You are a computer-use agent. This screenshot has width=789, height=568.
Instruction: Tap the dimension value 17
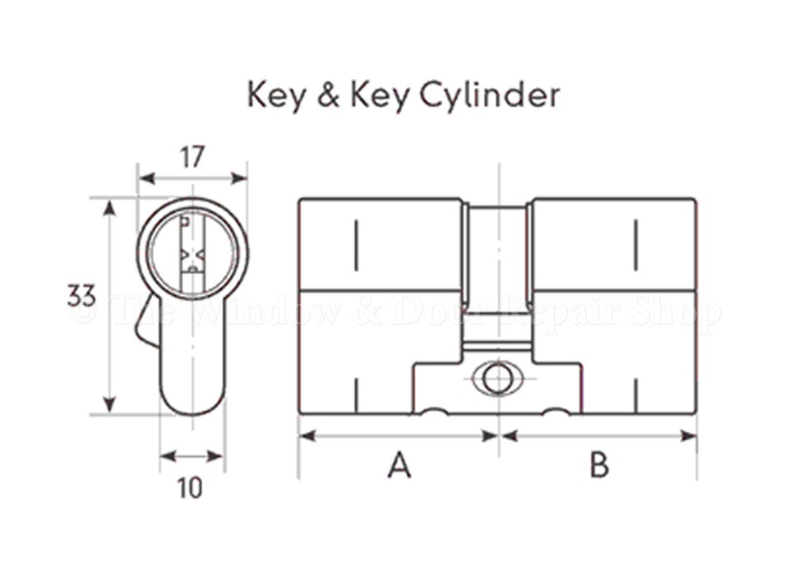pyautogui.click(x=191, y=156)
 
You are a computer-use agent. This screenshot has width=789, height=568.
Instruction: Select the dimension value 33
pyautogui.click(x=81, y=294)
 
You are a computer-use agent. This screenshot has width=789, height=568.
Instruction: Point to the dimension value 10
pyautogui.click(x=190, y=488)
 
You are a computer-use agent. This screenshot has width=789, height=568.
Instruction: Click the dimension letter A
pyautogui.click(x=399, y=466)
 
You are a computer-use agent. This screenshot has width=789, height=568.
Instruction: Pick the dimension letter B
pyautogui.click(x=599, y=466)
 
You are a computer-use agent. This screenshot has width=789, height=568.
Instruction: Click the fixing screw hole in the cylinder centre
pyautogui.click(x=497, y=379)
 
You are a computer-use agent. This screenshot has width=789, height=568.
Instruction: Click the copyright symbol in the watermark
pyautogui.click(x=83, y=312)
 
